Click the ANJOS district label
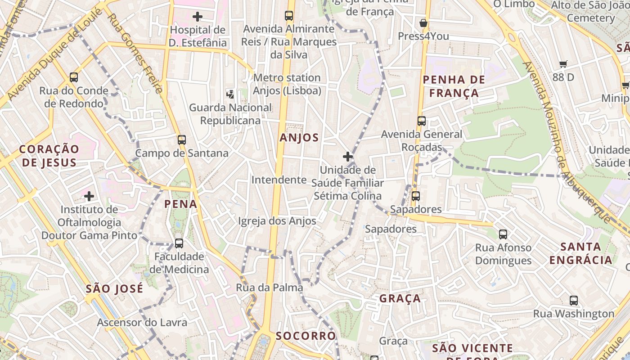(x=299, y=138)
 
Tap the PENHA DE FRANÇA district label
(x=454, y=86)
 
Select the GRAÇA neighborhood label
(x=400, y=298)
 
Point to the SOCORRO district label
(x=306, y=336)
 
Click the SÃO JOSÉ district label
(x=114, y=288)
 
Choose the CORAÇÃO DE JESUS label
(x=49, y=155)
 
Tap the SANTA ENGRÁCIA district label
(x=581, y=253)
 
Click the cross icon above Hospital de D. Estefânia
(x=197, y=17)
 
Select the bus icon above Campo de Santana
(x=182, y=139)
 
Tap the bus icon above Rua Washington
(x=574, y=300)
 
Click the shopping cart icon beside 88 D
(x=563, y=64)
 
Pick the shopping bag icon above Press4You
(x=423, y=23)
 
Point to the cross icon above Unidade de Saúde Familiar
(x=347, y=157)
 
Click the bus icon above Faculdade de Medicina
(x=179, y=243)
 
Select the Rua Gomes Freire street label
(x=135, y=53)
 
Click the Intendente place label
(x=279, y=180)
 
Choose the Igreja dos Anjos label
(x=277, y=221)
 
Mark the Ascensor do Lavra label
(x=142, y=322)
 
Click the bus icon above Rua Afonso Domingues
(x=503, y=234)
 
